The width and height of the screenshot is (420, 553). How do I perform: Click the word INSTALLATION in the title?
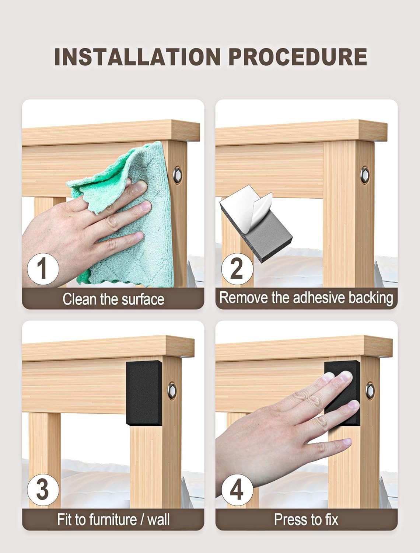tap(137, 57)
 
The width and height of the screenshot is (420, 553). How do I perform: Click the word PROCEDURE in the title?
tap(298, 57)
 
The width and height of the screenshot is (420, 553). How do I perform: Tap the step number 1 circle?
tap(43, 269)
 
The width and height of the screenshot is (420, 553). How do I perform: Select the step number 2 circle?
tap(237, 269)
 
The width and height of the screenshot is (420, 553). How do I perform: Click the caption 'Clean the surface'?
tap(113, 299)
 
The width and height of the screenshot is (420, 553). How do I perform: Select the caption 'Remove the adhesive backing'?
tap(306, 298)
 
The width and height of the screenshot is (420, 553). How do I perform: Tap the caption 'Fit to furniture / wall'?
tap(113, 519)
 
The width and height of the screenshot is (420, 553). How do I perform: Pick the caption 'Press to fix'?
tap(306, 519)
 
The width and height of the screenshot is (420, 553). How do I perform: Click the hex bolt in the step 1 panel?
tap(178, 175)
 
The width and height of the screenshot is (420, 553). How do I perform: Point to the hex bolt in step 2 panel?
tap(365, 175)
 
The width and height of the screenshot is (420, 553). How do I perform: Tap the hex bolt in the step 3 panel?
tap(172, 391)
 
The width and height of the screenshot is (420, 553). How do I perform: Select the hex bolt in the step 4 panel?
tap(370, 391)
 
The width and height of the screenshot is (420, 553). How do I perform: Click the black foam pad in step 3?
tap(144, 393)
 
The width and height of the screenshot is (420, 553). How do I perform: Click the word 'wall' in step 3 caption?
tap(158, 519)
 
